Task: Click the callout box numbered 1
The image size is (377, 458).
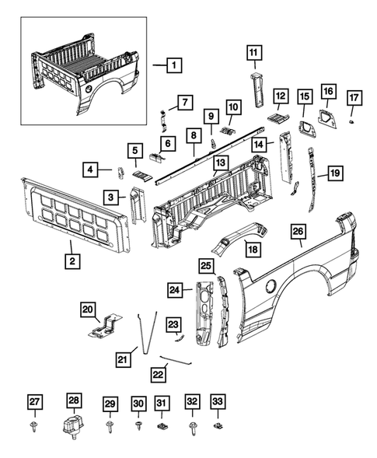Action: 173,66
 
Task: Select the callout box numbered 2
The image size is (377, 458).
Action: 71,262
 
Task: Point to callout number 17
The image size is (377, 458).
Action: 354,98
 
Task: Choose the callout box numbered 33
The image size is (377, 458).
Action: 218,403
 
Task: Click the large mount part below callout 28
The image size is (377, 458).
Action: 73,428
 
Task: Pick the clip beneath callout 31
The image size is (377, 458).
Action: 162,427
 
